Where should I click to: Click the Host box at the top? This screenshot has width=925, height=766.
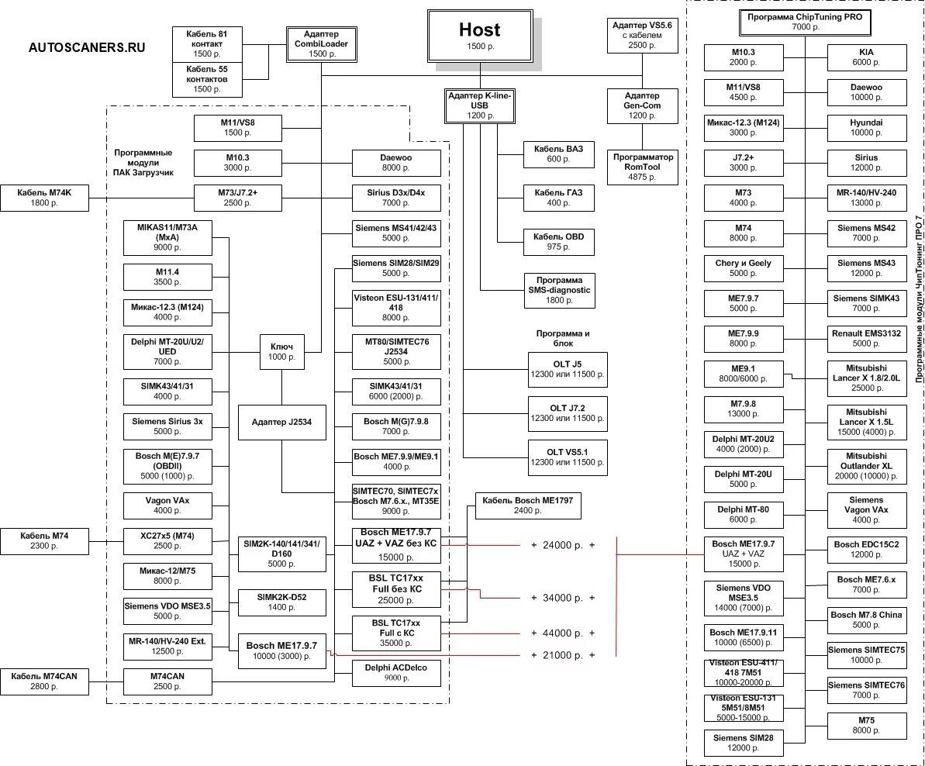click(x=479, y=36)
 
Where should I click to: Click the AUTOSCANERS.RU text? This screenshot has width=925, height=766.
click(x=87, y=47)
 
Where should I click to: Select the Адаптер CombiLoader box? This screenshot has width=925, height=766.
click(x=321, y=44)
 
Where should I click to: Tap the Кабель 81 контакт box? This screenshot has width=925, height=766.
click(x=206, y=44)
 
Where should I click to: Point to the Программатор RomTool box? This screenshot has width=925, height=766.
click(x=643, y=167)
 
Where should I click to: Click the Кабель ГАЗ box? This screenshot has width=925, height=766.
click(x=558, y=198)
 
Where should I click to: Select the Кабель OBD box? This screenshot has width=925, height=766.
click(x=558, y=241)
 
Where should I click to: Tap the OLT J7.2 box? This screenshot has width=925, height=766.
click(x=566, y=412)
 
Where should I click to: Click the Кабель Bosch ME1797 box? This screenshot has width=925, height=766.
click(x=527, y=505)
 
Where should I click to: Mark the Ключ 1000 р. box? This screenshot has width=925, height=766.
click(x=281, y=351)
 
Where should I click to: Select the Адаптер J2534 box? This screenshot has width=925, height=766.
click(x=281, y=423)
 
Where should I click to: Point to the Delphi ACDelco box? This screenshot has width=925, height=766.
click(x=396, y=672)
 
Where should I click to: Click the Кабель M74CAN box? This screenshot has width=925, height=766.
click(x=44, y=681)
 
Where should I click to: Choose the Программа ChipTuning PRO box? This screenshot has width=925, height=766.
click(x=805, y=21)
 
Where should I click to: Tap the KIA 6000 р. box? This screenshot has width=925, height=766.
click(x=865, y=56)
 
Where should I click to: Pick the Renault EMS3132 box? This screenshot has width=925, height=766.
click(x=865, y=338)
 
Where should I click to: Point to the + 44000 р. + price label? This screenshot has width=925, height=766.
click(x=563, y=633)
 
